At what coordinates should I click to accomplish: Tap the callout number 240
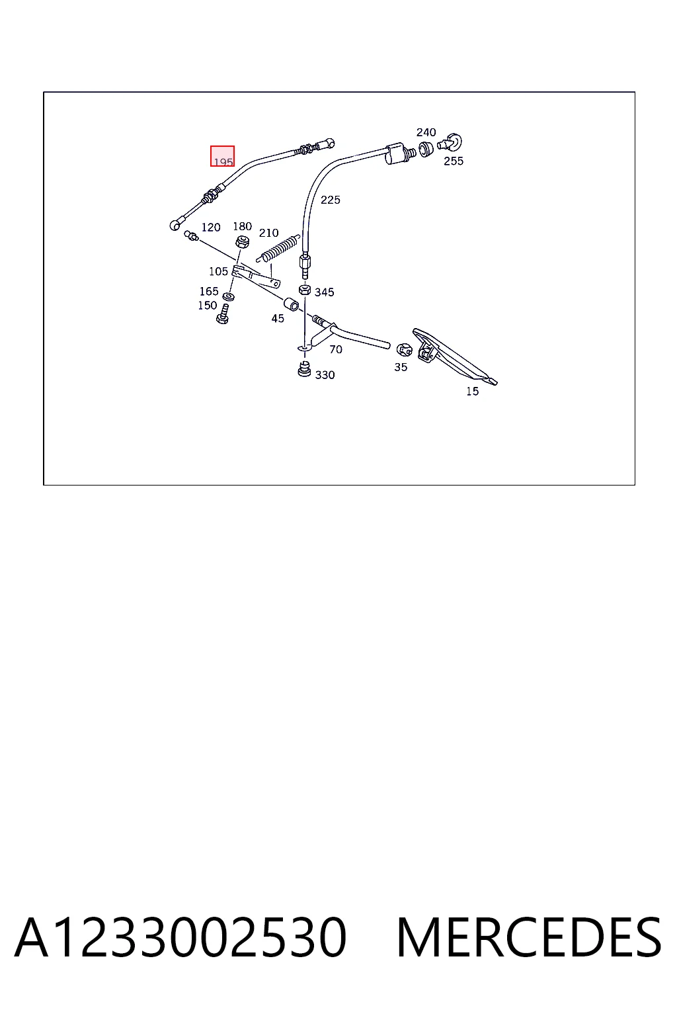(426, 132)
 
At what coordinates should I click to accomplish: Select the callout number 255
(454, 161)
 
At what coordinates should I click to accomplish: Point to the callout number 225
(330, 200)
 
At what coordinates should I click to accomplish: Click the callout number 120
(211, 227)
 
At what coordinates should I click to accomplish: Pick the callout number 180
(242, 226)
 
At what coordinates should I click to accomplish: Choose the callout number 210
(268, 233)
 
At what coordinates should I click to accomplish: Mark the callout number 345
(324, 292)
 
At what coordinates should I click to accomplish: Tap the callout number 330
(325, 374)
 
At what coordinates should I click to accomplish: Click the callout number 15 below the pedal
(472, 391)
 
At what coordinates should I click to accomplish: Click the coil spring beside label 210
(278, 249)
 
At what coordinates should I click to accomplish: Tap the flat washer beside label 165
(229, 297)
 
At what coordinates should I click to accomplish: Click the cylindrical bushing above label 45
(291, 304)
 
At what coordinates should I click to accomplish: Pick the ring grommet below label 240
(425, 149)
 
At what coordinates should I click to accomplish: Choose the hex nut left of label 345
(305, 289)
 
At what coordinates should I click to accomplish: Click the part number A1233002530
(181, 937)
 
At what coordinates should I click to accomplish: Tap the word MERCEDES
(529, 937)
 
